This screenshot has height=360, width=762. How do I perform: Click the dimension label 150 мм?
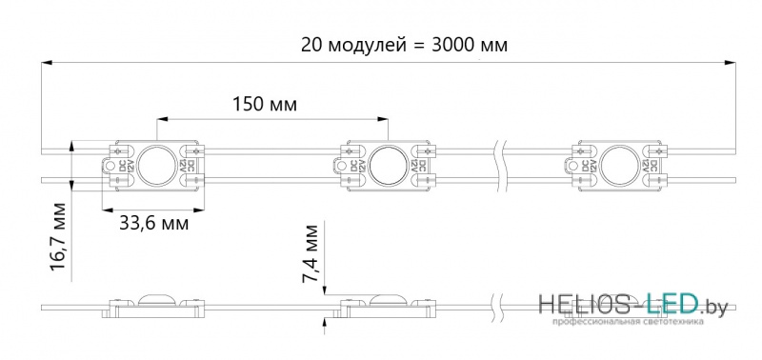point(265,105)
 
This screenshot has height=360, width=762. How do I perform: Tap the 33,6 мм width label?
point(153,224)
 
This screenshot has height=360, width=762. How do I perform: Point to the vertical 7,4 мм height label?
point(311,253)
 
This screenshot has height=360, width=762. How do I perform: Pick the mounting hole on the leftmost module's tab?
point(110,166)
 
